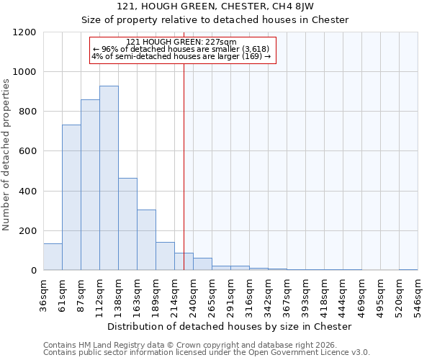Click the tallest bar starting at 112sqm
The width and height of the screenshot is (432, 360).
click(x=109, y=178)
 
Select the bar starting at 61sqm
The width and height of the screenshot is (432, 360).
click(x=71, y=197)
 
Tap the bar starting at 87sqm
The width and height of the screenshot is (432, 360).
click(x=90, y=184)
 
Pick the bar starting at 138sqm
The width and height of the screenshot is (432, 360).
click(x=127, y=224)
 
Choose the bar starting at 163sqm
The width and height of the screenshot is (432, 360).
click(x=146, y=240)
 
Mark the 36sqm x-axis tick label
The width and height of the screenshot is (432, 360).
click(x=43, y=293)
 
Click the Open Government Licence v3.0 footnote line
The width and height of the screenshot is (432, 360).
click(x=207, y=353)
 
